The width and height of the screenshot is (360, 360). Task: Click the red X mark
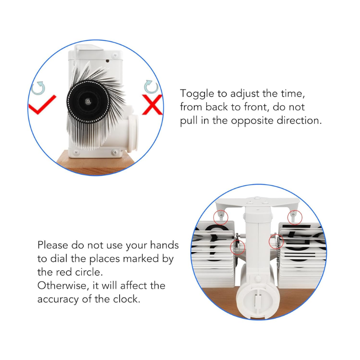click(x=152, y=105)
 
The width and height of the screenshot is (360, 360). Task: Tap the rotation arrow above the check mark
click(x=38, y=88)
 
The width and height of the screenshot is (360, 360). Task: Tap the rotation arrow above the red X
click(x=151, y=86)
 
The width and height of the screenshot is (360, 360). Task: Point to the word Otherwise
click(x=63, y=286)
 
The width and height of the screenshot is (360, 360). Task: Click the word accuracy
click(x=58, y=300)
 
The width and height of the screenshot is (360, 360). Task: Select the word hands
click(x=164, y=245)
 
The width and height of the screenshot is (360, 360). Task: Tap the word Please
click(x=53, y=245)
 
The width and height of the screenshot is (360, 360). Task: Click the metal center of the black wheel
click(x=87, y=101)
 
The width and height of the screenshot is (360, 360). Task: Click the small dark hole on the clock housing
click(x=107, y=61)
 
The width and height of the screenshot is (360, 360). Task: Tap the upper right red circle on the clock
click(x=295, y=217)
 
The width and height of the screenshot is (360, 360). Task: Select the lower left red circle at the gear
click(x=238, y=247)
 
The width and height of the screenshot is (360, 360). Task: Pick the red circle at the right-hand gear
click(x=276, y=242)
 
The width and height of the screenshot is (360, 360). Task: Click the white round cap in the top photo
click(x=132, y=134)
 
